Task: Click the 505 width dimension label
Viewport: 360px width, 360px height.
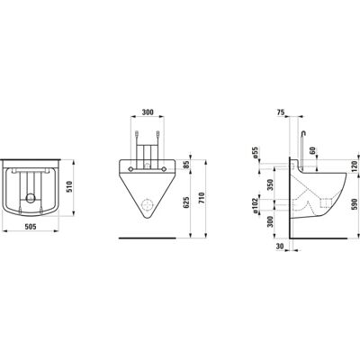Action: click(31, 227)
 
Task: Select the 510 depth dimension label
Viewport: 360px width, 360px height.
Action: click(69, 187)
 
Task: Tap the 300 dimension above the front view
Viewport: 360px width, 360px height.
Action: click(148, 112)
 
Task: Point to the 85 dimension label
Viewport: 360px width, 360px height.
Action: click(186, 165)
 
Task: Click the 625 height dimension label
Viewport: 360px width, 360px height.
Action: click(186, 202)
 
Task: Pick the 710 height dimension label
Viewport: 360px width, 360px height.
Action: click(202, 198)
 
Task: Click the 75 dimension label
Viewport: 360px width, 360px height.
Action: click(281, 112)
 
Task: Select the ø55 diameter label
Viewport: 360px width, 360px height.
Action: click(256, 153)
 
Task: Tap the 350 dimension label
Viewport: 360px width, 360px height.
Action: click(270, 185)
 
